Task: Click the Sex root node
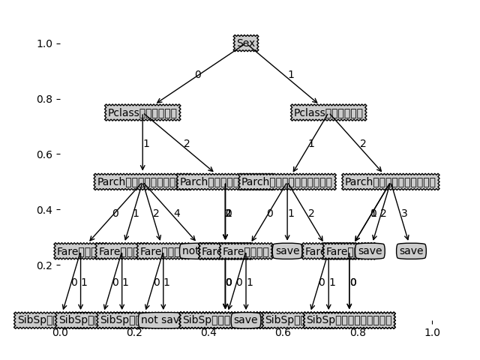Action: pyautogui.click(x=246, y=43)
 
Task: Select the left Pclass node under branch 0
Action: pyautogui.click(x=142, y=112)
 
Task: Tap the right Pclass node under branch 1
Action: pyautogui.click(x=328, y=112)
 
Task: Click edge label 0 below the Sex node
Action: pyautogui.click(x=197, y=75)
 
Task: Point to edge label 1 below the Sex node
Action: pyautogui.click(x=291, y=75)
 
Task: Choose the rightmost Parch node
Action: pyautogui.click(x=390, y=181)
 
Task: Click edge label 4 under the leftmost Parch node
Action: pyautogui.click(x=177, y=214)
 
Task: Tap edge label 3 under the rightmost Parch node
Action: pyautogui.click(x=404, y=214)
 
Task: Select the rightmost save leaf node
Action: pyautogui.click(x=411, y=251)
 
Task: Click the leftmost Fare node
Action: pyautogui.click(x=74, y=251)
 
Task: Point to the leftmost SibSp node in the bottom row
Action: pyautogui.click(x=34, y=320)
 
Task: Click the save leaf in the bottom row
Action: pyautogui.click(x=245, y=320)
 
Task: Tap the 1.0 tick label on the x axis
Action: pyautogui.click(x=432, y=332)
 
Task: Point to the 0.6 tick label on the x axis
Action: pyautogui.click(x=283, y=332)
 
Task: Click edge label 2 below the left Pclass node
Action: pyautogui.click(x=187, y=144)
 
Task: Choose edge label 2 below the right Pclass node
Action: pyautogui.click(x=363, y=144)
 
